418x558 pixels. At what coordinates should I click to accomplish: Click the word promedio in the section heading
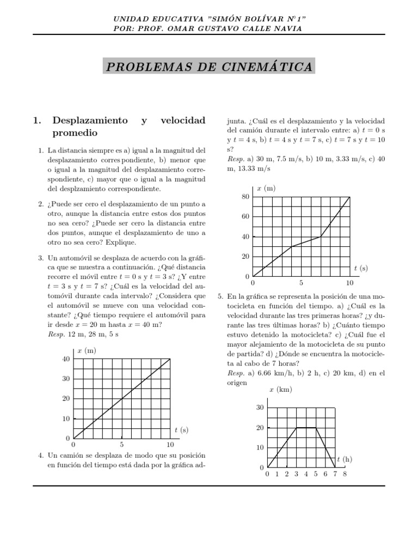pos(75,132)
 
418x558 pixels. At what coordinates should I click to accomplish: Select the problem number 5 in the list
pos(220,296)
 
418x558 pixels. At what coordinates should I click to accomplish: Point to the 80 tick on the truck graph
pos(245,197)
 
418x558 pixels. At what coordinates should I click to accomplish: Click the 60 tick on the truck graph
pos(245,217)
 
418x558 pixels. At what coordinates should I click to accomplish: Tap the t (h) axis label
pos(345,459)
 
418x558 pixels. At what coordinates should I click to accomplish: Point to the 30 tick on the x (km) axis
pos(260,408)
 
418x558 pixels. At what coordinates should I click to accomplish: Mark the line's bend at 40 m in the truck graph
pos(320,236)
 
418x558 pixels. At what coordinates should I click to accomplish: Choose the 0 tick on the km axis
pos(261,468)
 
